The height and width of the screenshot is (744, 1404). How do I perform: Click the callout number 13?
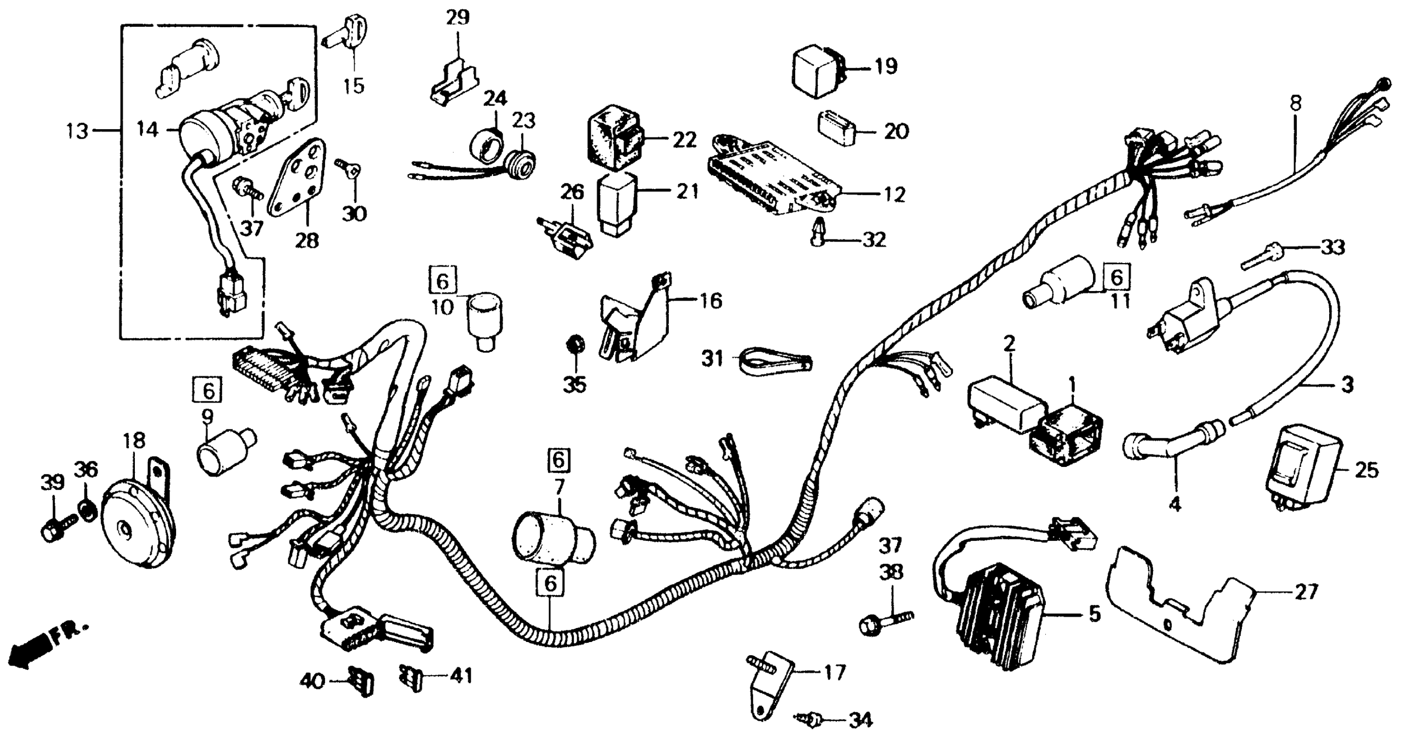tap(78, 131)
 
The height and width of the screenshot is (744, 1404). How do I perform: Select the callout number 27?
tap(1306, 592)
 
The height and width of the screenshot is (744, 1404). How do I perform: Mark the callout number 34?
tap(860, 720)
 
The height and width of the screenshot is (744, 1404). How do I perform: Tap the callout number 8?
tap(1295, 103)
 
